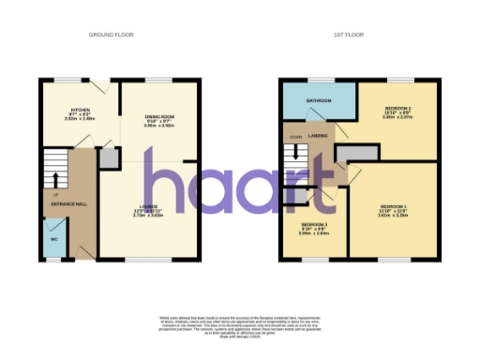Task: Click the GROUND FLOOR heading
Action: coord(112,35)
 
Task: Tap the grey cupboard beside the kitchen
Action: coord(110,157)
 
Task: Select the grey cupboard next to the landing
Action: coord(352,154)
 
